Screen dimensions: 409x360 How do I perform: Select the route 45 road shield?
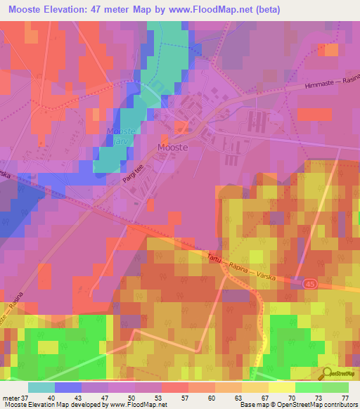[x=309, y=283]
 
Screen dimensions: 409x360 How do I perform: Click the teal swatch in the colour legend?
[x=41, y=387]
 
